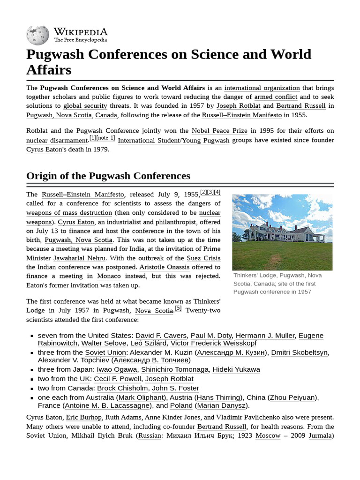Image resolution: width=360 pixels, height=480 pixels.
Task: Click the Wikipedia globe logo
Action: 38,35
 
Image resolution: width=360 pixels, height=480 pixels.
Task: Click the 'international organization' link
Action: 262,88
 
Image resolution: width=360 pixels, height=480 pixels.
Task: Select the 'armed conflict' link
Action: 276,97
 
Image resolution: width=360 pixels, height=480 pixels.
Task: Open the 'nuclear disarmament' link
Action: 57,140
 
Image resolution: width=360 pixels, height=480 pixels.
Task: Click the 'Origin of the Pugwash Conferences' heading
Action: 108,176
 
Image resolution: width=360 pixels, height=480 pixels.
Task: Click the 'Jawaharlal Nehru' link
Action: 80,258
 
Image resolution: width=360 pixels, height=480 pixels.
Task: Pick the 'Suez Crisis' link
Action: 203,258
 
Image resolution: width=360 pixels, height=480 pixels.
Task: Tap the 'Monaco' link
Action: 109,276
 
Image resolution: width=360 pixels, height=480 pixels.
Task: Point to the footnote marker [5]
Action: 178,308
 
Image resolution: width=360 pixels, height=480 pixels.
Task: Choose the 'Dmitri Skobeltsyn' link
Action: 300,352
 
